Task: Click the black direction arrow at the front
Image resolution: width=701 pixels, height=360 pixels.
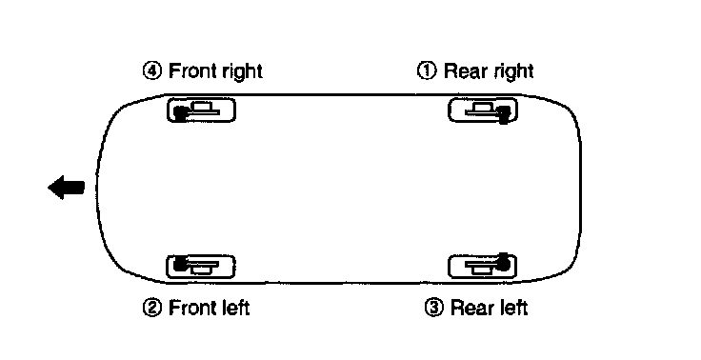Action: click(66, 188)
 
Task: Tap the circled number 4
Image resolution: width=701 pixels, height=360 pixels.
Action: click(152, 71)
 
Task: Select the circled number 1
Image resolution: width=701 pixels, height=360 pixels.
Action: click(427, 70)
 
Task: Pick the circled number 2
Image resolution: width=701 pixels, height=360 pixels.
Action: click(152, 308)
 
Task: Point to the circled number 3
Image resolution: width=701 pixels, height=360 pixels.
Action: click(433, 308)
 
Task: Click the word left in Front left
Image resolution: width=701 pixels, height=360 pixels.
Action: click(235, 308)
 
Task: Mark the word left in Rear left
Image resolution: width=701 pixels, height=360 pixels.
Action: click(512, 308)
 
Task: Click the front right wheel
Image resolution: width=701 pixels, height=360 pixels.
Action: click(201, 110)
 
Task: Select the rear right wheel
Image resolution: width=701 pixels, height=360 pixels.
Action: click(483, 110)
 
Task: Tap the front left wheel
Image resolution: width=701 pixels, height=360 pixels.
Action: click(201, 267)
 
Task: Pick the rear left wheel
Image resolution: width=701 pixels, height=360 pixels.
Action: click(482, 266)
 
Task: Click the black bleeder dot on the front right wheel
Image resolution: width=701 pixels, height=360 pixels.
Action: click(180, 113)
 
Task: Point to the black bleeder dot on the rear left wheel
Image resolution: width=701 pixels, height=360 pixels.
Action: click(504, 263)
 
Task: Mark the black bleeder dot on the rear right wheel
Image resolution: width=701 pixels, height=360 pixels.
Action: click(504, 114)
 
